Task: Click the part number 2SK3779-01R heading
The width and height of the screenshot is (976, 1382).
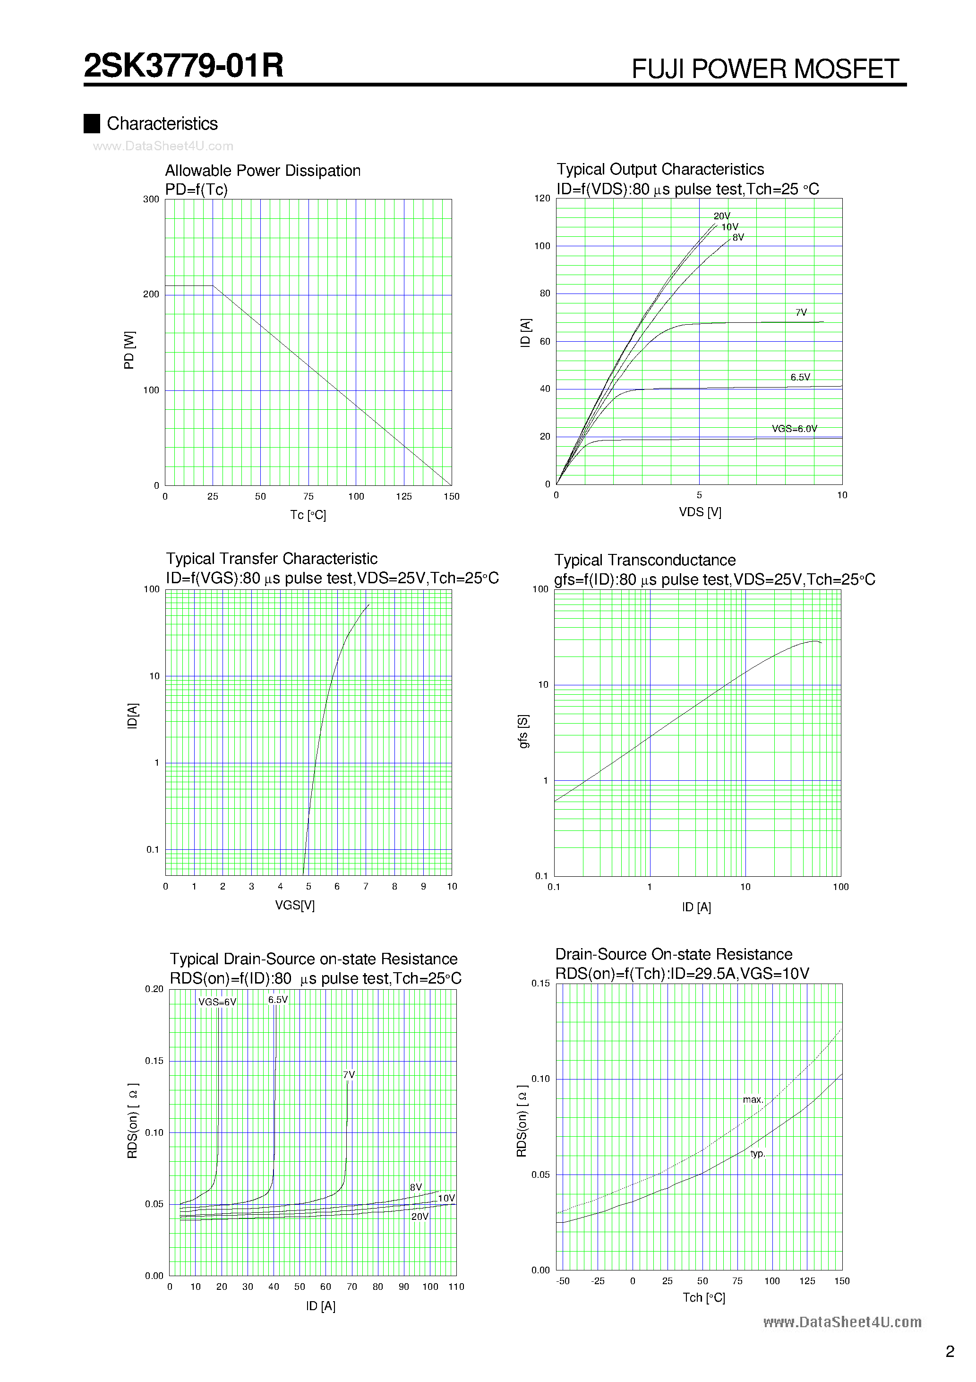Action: point(183,66)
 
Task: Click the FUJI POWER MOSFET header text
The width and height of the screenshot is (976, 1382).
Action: point(765,69)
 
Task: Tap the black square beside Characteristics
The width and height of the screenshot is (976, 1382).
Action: point(92,123)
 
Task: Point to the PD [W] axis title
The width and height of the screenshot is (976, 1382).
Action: point(129,350)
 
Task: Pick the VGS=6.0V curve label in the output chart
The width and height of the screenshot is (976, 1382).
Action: point(794,429)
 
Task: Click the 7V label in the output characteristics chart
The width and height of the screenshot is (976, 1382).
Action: point(801,312)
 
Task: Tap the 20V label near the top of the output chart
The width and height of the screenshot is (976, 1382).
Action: point(721,216)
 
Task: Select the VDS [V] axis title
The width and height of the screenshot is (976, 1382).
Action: point(700,512)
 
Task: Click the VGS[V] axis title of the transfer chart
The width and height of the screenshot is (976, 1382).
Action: point(295,905)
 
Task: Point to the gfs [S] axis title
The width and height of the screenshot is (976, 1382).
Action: point(523,731)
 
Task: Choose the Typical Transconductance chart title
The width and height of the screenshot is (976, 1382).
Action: point(644,561)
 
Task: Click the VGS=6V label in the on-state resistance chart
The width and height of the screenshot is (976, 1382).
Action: point(217,1002)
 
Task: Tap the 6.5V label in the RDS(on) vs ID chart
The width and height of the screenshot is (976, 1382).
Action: point(278,1000)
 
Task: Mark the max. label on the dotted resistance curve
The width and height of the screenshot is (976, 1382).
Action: point(753,1100)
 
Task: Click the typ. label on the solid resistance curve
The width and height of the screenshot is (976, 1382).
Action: point(758,1154)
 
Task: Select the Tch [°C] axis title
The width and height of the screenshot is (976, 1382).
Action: point(703,1298)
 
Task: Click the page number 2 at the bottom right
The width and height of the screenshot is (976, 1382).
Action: point(950,1352)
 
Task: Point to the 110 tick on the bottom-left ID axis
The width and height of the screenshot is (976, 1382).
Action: point(456,1287)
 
